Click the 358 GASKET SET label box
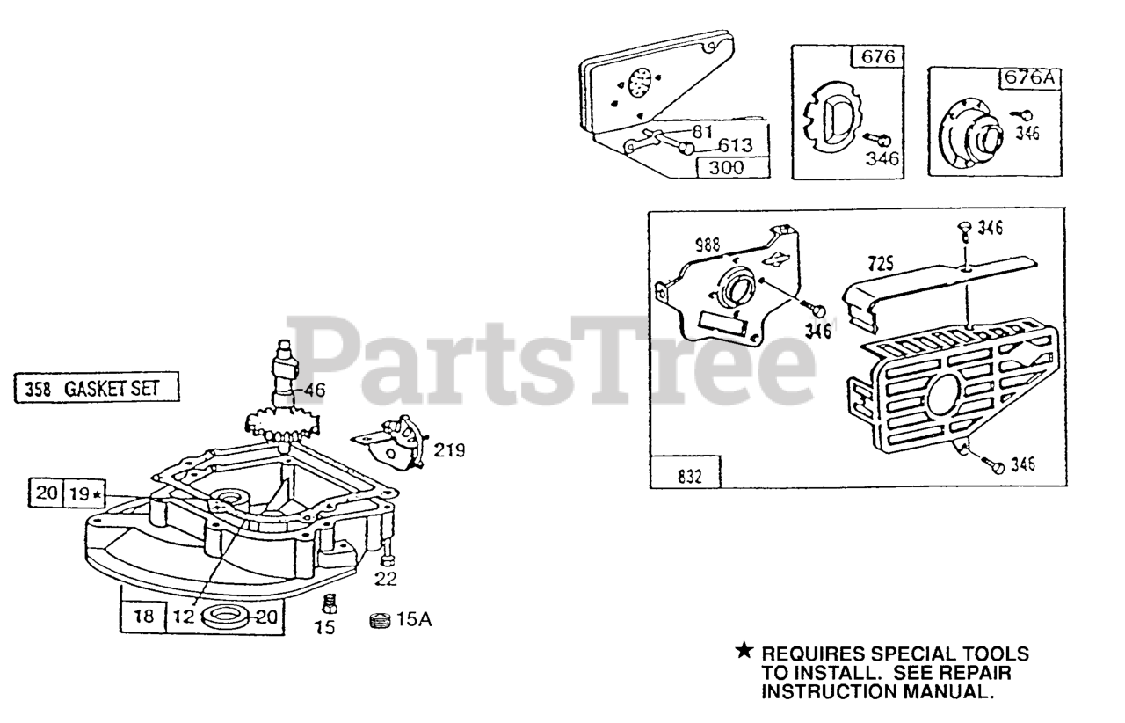coord(98,388)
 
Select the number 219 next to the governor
coord(451,450)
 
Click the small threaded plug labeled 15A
coord(379,621)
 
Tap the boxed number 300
coord(732,167)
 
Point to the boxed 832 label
coord(685,475)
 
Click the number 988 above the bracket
coord(707,246)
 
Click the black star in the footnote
coord(744,652)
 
